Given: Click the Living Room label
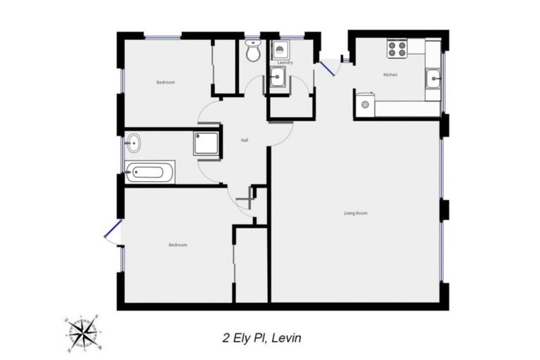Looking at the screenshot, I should click(x=355, y=213).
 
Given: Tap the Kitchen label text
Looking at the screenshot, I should click(x=390, y=75).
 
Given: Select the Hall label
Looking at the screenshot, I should click(x=244, y=141).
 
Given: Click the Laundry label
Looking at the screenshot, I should click(x=285, y=63).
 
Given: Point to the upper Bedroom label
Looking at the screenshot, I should click(x=165, y=82).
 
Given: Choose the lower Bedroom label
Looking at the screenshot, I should click(x=178, y=245).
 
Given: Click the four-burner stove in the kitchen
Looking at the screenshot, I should click(x=397, y=49).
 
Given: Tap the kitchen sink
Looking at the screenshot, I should click(x=433, y=79).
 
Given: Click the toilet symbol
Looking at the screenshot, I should click(x=253, y=50).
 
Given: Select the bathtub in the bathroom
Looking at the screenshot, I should click(x=149, y=171).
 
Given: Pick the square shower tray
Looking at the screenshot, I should click(x=207, y=143).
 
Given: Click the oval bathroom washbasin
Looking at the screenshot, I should click(x=132, y=145).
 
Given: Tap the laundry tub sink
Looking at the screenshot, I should click(x=277, y=79).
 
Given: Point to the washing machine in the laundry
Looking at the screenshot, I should click(x=281, y=50).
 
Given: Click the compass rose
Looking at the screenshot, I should click(x=83, y=329).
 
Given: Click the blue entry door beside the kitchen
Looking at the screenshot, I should click(x=326, y=68).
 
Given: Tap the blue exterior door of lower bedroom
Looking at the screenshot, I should click(x=111, y=230).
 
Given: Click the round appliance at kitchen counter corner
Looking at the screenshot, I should click(x=364, y=105).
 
